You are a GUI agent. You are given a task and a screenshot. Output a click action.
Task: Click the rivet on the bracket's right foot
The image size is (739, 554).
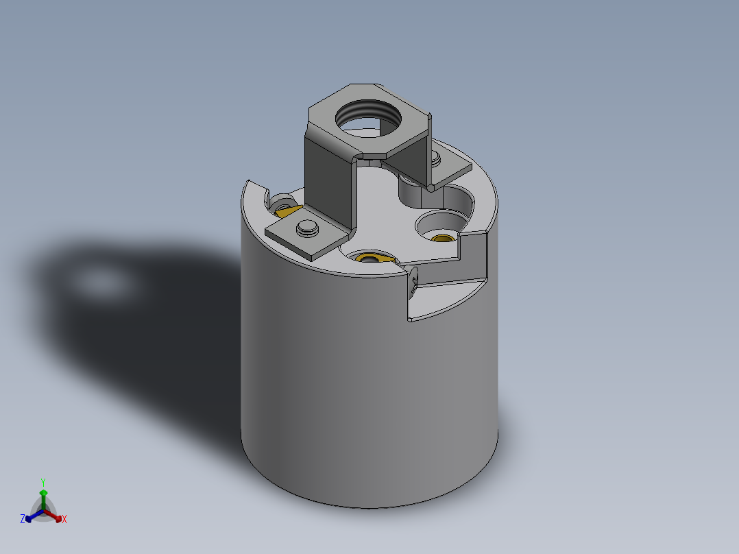(436, 159)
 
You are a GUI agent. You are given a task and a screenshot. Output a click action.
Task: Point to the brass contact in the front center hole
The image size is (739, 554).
(371, 258)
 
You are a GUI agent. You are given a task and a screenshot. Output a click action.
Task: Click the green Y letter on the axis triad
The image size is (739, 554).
(43, 482)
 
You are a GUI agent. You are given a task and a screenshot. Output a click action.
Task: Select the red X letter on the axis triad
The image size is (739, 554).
(64, 520)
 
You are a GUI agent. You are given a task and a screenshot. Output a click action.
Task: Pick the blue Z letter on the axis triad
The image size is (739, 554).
(23, 520)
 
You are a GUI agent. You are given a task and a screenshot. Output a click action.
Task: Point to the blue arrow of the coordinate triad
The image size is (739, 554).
(32, 516)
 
